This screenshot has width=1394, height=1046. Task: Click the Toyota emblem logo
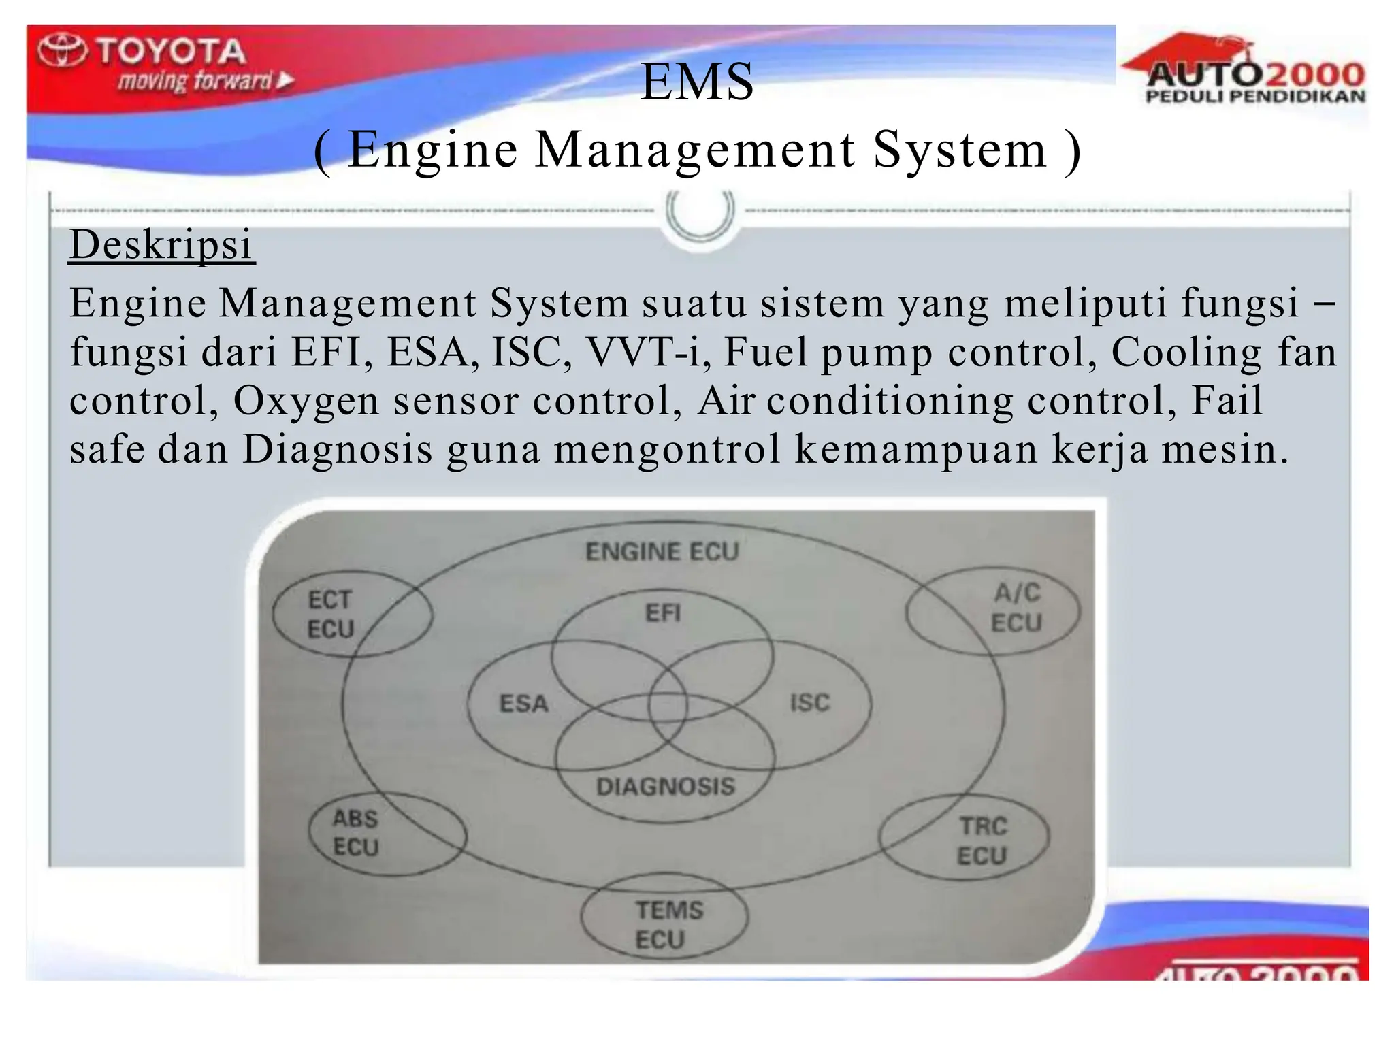[x=62, y=51]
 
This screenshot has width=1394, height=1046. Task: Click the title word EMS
[x=697, y=82]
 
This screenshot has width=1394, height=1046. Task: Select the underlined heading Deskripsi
[x=161, y=245]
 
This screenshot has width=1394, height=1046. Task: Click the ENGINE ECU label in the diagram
[x=662, y=551]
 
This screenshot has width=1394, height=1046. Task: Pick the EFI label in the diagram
[x=663, y=613]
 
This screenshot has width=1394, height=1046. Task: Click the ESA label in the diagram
[x=523, y=704]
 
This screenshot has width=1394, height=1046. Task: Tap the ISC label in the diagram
[x=809, y=702]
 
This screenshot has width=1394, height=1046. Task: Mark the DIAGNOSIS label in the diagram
[x=666, y=787]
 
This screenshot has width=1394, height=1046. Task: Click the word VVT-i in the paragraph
[x=643, y=353]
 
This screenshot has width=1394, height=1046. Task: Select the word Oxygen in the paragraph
[x=306, y=402]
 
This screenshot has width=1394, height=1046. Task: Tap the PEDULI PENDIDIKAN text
[x=1255, y=97]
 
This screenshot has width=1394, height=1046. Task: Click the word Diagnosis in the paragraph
[x=338, y=450]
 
